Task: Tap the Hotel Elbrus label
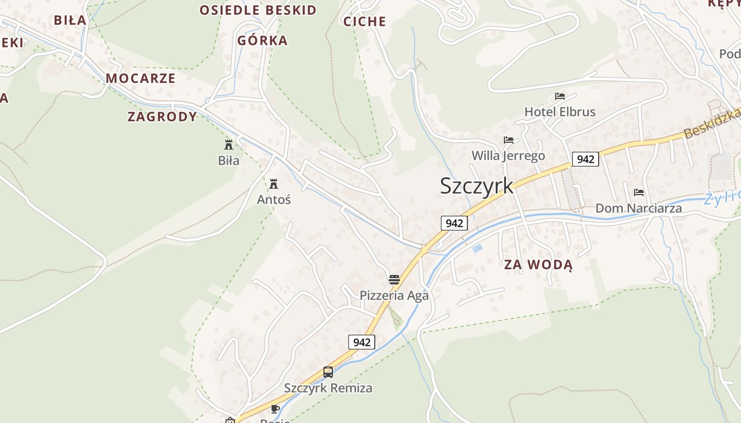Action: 559,112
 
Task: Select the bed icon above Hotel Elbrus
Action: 560,96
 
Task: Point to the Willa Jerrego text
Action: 508,156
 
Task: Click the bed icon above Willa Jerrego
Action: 509,140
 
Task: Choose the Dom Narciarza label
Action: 638,208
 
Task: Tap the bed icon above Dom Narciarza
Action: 639,192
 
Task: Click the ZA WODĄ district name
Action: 538,265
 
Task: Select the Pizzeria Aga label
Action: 394,296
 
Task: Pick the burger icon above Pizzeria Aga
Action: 394,280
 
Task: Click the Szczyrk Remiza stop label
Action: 328,388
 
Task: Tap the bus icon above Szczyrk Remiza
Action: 328,372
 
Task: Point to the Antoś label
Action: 274,200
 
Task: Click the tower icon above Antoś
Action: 274,184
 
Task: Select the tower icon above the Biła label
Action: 229,144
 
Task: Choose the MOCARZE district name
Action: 140,79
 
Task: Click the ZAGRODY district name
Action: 162,117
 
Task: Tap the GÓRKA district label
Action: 262,41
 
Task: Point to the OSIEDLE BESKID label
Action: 258,10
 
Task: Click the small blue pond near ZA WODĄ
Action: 477,248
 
